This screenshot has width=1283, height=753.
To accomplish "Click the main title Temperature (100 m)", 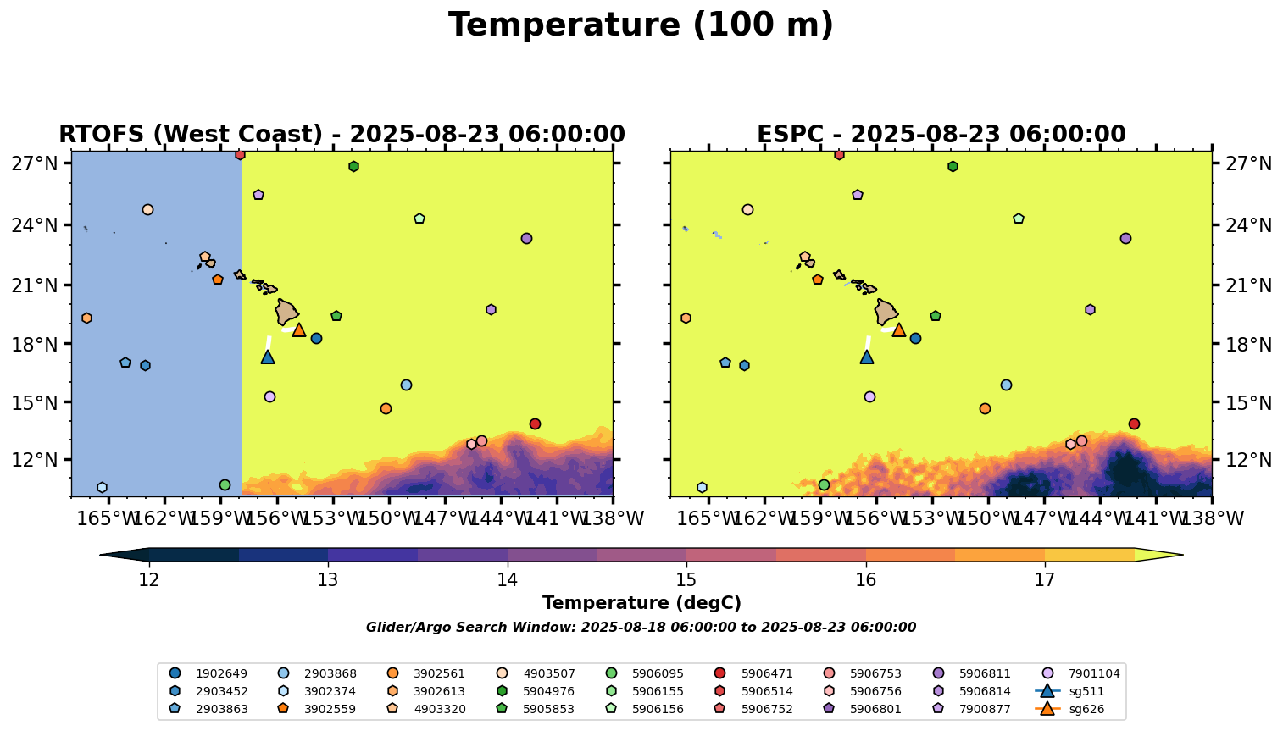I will (x=641, y=25).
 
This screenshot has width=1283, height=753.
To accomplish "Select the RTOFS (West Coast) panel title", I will (x=342, y=135).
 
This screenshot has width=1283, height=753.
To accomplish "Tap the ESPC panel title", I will (x=941, y=135).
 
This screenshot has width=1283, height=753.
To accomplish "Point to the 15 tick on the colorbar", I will (x=686, y=580).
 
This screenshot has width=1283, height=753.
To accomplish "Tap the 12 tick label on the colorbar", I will (x=149, y=580).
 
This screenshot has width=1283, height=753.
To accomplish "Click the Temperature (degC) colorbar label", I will (x=641, y=603).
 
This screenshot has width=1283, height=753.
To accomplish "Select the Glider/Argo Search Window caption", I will (x=641, y=628).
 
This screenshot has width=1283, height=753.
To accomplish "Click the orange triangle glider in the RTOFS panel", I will (x=299, y=329).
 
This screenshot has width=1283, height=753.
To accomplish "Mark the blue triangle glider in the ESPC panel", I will (x=867, y=357).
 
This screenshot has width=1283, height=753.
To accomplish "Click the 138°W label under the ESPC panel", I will (x=1211, y=518).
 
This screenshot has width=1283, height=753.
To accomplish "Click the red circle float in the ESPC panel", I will (x=1134, y=424).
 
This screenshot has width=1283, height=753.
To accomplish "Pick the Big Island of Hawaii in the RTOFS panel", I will (x=286, y=312).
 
